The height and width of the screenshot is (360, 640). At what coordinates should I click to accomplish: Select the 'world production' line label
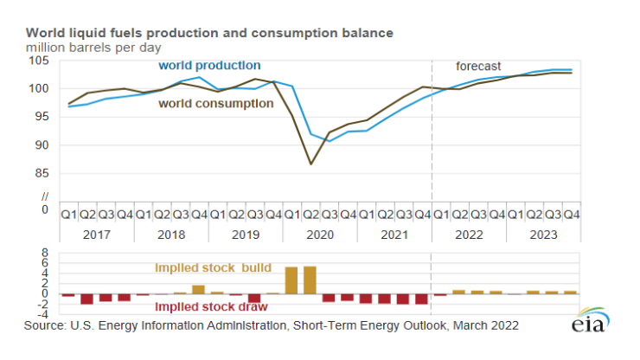[208, 66]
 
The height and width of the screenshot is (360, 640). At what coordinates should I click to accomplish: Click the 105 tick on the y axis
[38, 60]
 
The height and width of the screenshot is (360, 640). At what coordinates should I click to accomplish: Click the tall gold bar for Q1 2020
[291, 280]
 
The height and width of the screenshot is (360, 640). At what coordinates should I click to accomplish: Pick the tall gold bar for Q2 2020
[310, 280]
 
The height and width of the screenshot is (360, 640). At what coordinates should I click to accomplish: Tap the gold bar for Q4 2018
[198, 289]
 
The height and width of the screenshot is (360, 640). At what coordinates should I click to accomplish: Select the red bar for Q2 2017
[86, 299]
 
